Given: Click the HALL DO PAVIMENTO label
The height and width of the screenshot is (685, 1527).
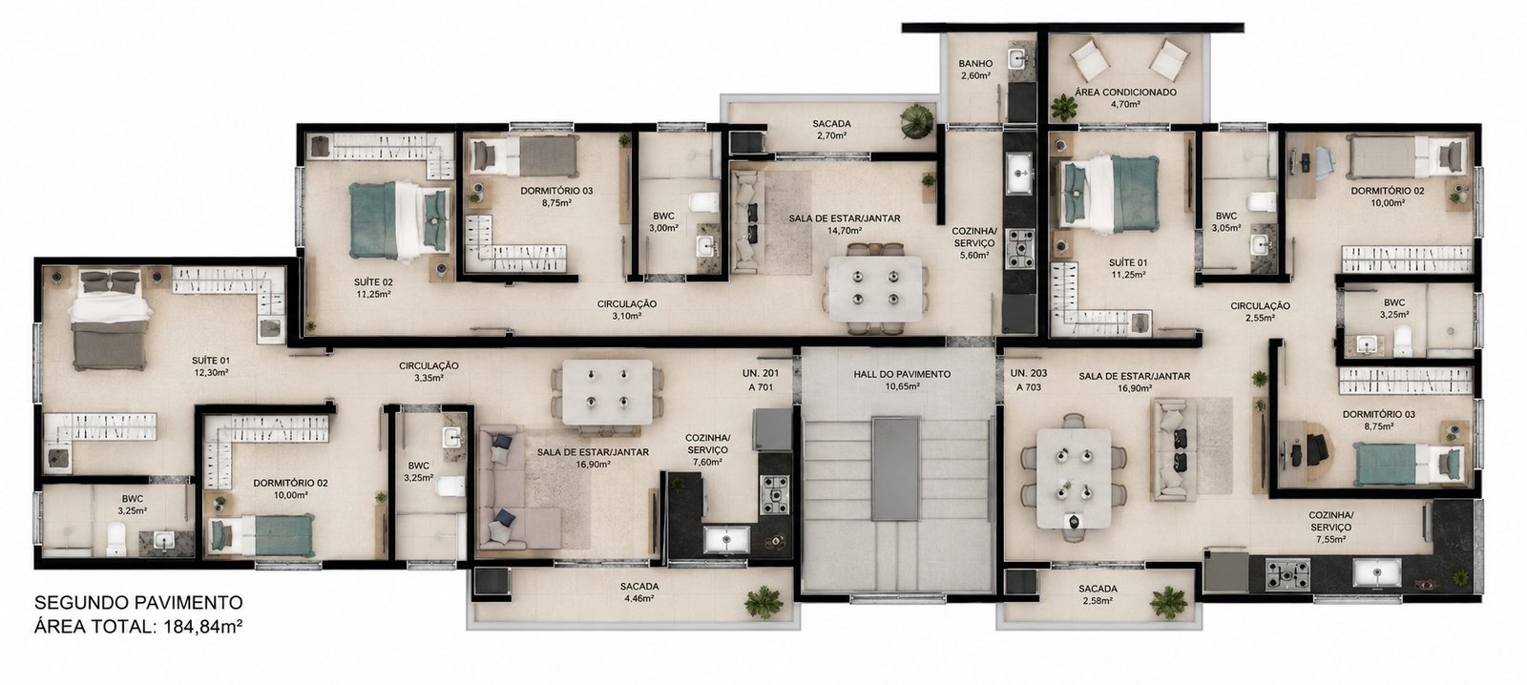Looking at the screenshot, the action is point(902,374).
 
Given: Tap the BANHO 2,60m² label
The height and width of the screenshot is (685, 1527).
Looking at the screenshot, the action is point(975,70).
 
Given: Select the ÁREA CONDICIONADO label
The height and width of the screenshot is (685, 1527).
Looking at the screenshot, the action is point(1125,92).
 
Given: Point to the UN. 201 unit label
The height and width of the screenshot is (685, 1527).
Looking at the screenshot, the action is point(760,374).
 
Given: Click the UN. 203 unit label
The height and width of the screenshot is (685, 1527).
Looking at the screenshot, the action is point(1029,374).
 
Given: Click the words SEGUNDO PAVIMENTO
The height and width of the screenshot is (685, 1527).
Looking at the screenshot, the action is point(138,603).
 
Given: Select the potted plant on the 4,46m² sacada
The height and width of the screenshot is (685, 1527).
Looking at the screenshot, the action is point(763,602).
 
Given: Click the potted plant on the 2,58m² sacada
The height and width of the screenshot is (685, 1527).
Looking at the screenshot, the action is point(1169,603).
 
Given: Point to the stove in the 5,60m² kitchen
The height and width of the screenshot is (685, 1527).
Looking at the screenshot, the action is point(1020,249).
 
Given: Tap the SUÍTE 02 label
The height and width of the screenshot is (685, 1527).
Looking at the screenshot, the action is point(373,281).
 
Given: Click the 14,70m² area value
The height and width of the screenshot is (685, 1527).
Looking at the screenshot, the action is point(845,231).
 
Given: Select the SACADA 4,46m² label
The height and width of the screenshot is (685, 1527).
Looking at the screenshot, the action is point(639,592).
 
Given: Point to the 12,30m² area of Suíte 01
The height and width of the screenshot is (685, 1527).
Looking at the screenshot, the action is point(211,373).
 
